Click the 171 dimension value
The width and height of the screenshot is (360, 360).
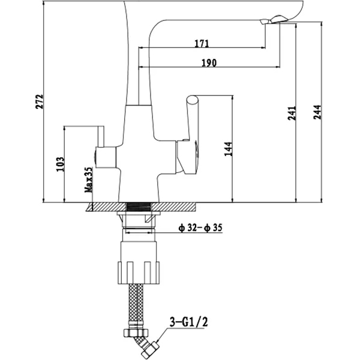pyautogui.click(x=202, y=43)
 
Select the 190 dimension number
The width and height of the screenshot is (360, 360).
pyautogui.click(x=209, y=62)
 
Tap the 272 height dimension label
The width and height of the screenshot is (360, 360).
pyautogui.click(x=40, y=101)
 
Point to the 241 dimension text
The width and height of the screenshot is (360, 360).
pyautogui.click(x=292, y=113)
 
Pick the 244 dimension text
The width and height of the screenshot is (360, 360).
pyautogui.click(x=317, y=112)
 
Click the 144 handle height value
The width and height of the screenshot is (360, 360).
pyautogui.click(x=229, y=149)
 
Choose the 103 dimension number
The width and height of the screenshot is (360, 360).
pyautogui.click(x=61, y=164)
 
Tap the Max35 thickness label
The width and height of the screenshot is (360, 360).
pyautogui.click(x=89, y=180)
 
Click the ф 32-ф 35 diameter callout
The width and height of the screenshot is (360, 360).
pyautogui.click(x=200, y=228)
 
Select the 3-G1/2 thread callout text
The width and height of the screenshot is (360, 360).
pyautogui.click(x=189, y=322)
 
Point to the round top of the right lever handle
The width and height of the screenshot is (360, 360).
pyautogui.click(x=193, y=100)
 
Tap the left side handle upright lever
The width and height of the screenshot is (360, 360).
pyautogui.click(x=101, y=136)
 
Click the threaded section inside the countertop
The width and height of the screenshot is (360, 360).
pyautogui.click(x=139, y=207)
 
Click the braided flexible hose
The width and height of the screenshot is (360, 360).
pyautogui.click(x=136, y=303)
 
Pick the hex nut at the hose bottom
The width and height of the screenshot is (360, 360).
pyautogui.click(x=136, y=332)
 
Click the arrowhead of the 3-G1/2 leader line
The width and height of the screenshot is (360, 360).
pyautogui.click(x=157, y=340)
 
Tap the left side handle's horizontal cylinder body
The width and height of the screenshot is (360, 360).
pyautogui.click(x=106, y=157)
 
